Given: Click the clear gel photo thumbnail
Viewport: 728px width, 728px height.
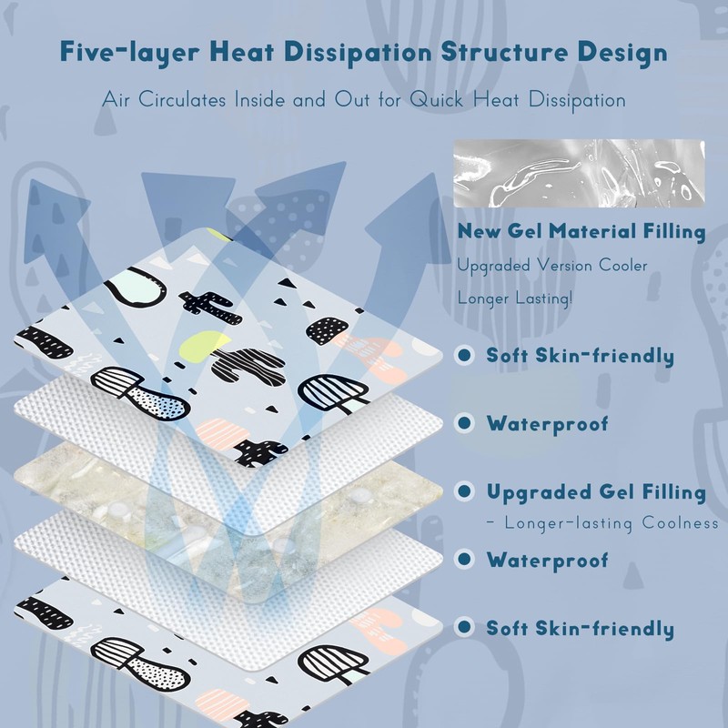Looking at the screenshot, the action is click(x=579, y=174).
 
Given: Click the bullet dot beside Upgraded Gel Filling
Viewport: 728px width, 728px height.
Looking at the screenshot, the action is click(x=465, y=492).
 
